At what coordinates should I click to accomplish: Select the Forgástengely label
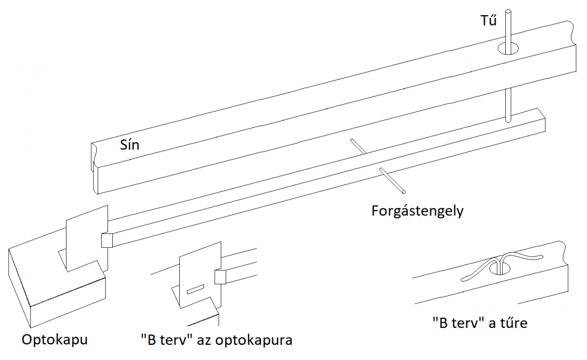pos(417,211)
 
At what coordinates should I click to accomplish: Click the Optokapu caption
pos(55,340)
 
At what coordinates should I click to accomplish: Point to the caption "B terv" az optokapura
pos(216,340)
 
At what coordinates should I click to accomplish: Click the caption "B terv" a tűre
pos(480,323)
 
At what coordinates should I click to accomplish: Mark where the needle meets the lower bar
pos(508,121)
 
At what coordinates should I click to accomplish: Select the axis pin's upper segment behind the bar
pos(358,146)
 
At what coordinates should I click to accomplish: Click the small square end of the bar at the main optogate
pos(107,240)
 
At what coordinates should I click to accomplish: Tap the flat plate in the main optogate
pos(85,238)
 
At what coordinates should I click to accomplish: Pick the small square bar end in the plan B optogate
pos(220,277)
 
